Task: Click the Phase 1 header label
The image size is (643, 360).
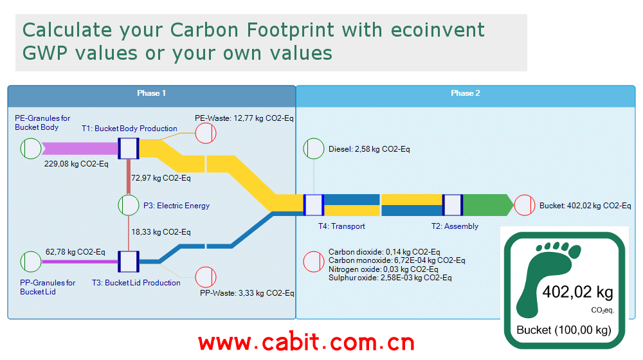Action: click(x=151, y=93)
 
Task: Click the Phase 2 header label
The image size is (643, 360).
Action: click(x=466, y=93)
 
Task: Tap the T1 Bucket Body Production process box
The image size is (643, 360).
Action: click(x=129, y=148)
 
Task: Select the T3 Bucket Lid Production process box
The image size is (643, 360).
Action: click(x=129, y=262)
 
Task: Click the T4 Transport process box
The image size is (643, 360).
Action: click(x=314, y=205)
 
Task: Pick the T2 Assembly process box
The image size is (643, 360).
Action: click(x=453, y=205)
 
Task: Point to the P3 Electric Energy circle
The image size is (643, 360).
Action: click(x=129, y=205)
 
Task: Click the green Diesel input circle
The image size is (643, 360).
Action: click(x=314, y=148)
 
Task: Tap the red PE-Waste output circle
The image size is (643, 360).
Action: click(x=206, y=133)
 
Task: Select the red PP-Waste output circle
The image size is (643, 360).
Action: click(x=206, y=277)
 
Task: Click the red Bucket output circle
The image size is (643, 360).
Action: click(x=525, y=205)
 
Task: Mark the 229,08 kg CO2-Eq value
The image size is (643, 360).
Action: click(x=77, y=164)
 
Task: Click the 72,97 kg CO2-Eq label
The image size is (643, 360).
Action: click(x=161, y=178)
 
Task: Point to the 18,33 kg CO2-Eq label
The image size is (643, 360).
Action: click(x=161, y=232)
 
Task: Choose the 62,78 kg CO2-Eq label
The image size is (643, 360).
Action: click(x=75, y=252)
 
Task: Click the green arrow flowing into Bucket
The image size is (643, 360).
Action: click(x=489, y=205)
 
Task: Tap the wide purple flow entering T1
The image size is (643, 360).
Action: click(x=80, y=148)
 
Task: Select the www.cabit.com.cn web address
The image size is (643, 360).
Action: click(x=306, y=342)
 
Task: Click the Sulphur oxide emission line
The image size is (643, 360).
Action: click(x=390, y=278)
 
